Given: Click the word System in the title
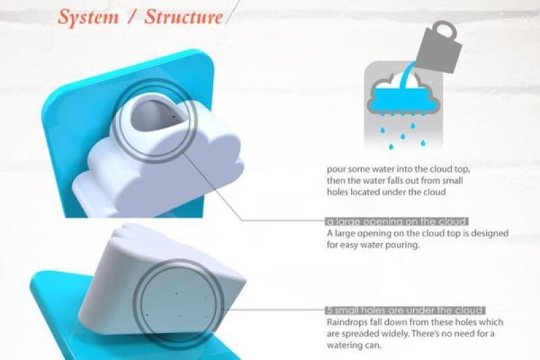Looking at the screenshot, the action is click(x=88, y=18).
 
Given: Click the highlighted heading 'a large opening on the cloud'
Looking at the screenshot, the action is click(x=396, y=222).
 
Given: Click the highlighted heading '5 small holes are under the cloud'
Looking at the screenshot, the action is click(x=405, y=311).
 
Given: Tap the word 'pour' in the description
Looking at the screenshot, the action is click(x=335, y=170).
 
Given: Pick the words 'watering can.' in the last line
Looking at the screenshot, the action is click(x=354, y=345).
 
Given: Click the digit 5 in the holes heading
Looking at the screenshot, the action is click(x=329, y=311).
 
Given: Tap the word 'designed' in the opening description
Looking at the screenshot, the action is click(x=490, y=234).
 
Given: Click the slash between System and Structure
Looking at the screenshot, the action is click(x=131, y=18).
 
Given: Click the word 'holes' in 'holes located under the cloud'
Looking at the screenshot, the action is click(x=337, y=192).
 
